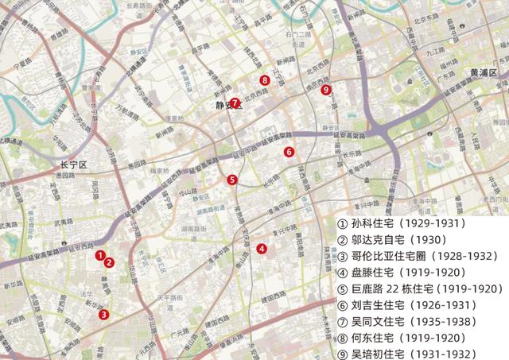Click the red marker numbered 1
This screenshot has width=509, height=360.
tap(100, 256)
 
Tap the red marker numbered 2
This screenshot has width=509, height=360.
tap(110, 263)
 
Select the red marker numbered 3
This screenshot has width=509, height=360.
tap(103, 314)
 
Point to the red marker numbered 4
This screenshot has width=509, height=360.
tap(262, 249)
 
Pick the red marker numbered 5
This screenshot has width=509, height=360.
tap(231, 180)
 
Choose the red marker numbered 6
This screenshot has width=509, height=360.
tap(289, 152)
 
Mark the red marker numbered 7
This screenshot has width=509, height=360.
tap(235, 103)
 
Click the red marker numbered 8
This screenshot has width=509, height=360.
tap(264, 79)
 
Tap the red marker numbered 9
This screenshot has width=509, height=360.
tap(326, 90)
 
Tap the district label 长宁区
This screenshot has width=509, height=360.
tap(77, 165)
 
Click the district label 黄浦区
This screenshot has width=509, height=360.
tap(482, 72)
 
